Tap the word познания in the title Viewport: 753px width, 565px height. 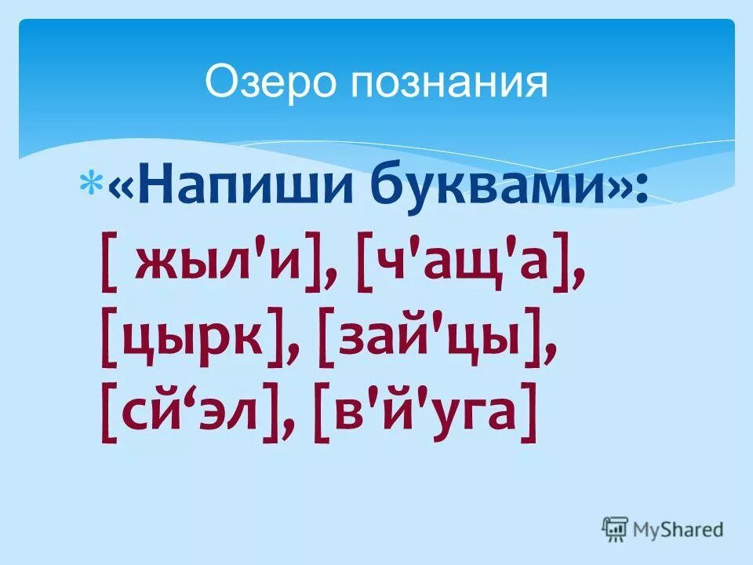click(449, 83)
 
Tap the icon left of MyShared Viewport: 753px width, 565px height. click(616, 529)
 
